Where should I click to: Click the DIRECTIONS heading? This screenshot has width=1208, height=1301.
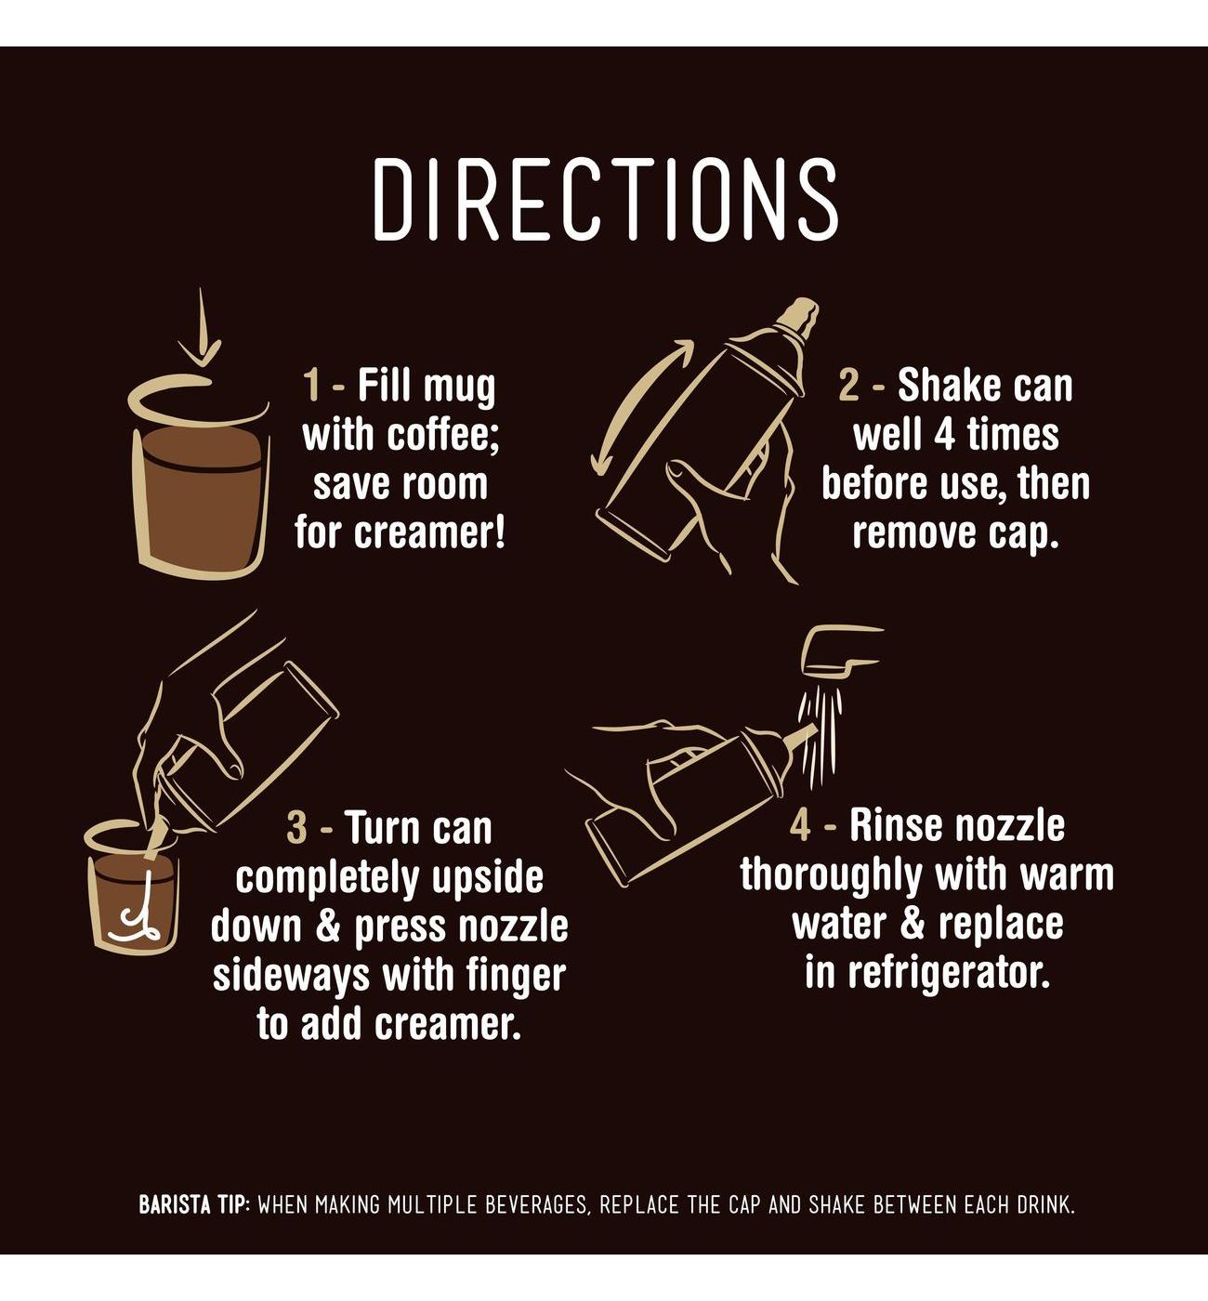tap(605, 199)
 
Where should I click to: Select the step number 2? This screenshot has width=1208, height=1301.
tap(847, 386)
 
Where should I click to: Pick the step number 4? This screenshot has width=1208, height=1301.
tap(800, 825)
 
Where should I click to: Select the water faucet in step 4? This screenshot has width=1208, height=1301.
tap(841, 650)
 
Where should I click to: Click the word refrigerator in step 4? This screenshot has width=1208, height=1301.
tap(950, 974)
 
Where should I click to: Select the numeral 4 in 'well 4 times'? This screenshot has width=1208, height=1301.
tap(944, 434)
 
